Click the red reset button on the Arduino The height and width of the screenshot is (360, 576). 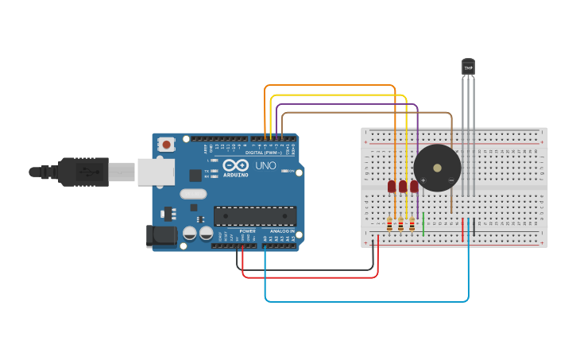click(166, 145)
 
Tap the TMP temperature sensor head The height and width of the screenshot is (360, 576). click(468, 67)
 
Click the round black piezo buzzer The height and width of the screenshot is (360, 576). click(436, 168)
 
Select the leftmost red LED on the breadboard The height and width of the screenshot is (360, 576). click(392, 187)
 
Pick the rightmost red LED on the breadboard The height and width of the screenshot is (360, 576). click(414, 187)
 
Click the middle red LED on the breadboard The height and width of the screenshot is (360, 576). click(403, 187)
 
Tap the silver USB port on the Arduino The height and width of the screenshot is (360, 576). click(155, 172)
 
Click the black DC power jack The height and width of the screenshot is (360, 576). click(160, 236)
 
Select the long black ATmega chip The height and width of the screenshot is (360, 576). click(255, 215)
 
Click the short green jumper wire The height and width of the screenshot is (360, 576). click(423, 223)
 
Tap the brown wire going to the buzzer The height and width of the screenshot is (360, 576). click(365, 113)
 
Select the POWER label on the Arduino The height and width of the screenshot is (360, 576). click(248, 231)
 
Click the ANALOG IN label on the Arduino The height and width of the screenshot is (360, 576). click(282, 231)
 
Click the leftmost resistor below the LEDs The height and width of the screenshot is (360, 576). click(390, 224)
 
